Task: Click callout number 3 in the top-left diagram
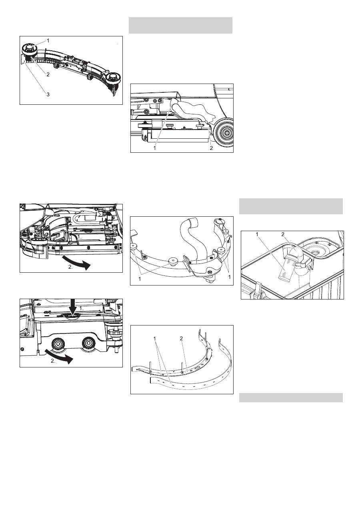coord(48,94)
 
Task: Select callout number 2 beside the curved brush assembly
coord(48,74)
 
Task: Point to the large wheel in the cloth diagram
coord(224,132)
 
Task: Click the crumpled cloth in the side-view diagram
coord(193,111)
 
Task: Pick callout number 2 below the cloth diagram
coord(211,148)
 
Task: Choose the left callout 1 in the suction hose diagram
coord(140,278)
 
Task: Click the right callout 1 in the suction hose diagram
coord(229,277)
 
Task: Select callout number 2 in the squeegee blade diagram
coord(181,338)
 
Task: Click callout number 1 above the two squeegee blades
coord(155,339)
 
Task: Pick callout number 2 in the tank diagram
coord(283,234)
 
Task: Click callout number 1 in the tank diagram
coord(257,234)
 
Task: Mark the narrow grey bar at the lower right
coord(291,398)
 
